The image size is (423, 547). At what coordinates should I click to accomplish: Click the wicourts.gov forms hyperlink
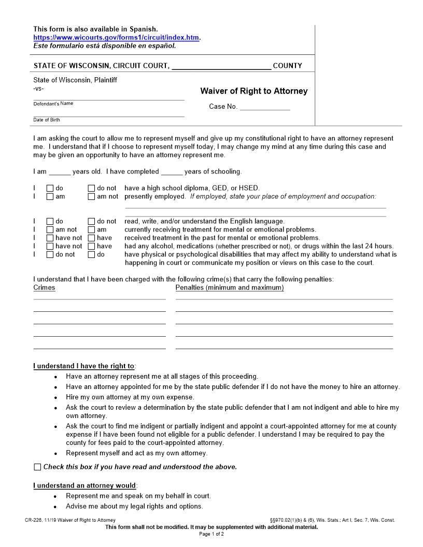[117, 37]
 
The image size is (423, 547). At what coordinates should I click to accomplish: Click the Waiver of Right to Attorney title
[254, 91]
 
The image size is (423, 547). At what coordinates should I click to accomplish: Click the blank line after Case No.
[265, 107]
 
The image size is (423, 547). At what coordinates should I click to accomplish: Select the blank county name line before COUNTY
[221, 66]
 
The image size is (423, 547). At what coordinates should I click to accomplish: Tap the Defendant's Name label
[53, 104]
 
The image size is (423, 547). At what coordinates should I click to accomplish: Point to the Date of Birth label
[47, 120]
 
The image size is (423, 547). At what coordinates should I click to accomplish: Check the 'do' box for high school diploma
[50, 189]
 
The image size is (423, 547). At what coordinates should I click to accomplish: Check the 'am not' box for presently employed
[91, 197]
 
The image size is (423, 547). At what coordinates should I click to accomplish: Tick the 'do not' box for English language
[91, 222]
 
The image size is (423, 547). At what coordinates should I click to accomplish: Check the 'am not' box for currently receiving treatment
[50, 230]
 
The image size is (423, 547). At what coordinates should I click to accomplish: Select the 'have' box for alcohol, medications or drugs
[91, 247]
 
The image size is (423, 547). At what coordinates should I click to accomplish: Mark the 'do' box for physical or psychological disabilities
[91, 255]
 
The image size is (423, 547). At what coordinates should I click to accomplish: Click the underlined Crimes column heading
[44, 287]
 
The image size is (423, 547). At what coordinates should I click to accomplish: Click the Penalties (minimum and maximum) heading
[230, 287]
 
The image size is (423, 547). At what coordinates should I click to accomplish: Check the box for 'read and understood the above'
[37, 467]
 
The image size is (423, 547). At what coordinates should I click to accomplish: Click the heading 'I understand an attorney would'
[85, 485]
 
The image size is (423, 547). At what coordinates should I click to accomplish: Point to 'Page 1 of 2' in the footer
[212, 534]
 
